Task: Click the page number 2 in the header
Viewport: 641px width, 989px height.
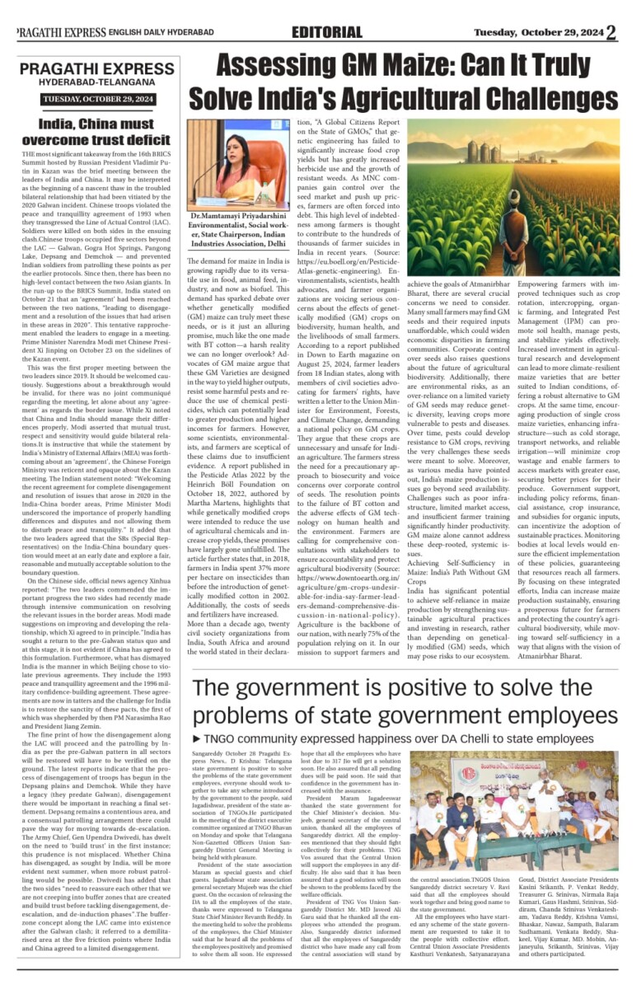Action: (x=611, y=32)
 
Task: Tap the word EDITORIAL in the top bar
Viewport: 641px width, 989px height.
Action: (x=326, y=32)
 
